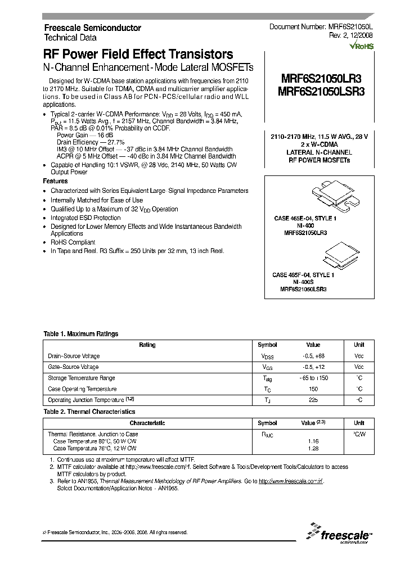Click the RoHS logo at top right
[x=350, y=47]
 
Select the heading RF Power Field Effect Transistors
[x=138, y=55]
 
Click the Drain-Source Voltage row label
[x=74, y=356]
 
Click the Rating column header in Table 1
[x=147, y=345]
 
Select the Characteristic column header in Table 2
[x=147, y=423]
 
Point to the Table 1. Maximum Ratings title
[x=81, y=334]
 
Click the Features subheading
[x=56, y=182]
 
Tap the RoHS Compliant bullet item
[x=73, y=242]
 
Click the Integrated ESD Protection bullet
[x=85, y=218]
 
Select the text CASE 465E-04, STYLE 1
[x=305, y=218]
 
